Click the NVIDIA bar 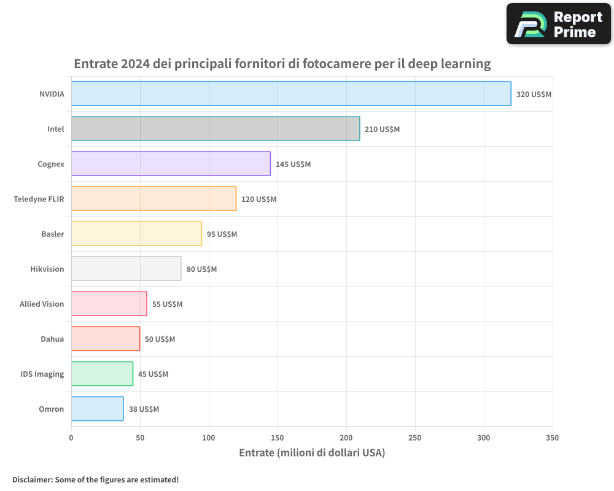pyautogui.click(x=291, y=94)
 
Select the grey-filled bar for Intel pyautogui.click(x=216, y=129)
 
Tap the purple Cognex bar pyautogui.click(x=171, y=164)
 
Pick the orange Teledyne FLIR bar pyautogui.click(x=153, y=199)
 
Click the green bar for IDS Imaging pyautogui.click(x=102, y=374)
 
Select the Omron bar pyautogui.click(x=97, y=409)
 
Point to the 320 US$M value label pyautogui.click(x=534, y=95)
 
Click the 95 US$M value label pyautogui.click(x=222, y=234)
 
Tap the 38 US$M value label pyautogui.click(x=144, y=409)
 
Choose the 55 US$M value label pyautogui.click(x=167, y=304)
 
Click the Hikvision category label pyautogui.click(x=47, y=269)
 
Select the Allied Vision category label pyautogui.click(x=42, y=304)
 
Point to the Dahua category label pyautogui.click(x=52, y=339)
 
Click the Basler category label pyautogui.click(x=53, y=234)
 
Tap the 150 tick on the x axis pyautogui.click(x=278, y=438)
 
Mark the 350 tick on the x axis pyautogui.click(x=552, y=438)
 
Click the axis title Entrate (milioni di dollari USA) pyautogui.click(x=311, y=453)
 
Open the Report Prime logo pyautogui.click(x=558, y=24)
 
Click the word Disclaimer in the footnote pyautogui.click(x=31, y=479)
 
